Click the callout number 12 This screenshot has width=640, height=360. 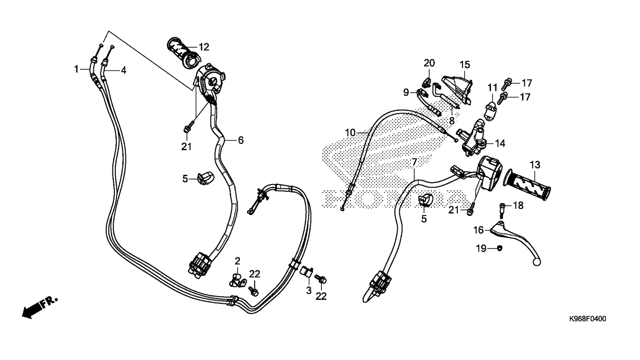[x=204, y=47]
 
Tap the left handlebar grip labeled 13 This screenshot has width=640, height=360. [x=528, y=185]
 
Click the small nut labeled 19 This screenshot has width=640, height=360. [x=499, y=248]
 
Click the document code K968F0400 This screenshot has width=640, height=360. [x=587, y=319]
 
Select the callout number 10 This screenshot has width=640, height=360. [x=351, y=133]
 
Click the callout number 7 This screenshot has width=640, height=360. [x=414, y=162]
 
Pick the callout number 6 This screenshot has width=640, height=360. [x=240, y=140]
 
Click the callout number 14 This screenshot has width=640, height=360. [x=501, y=143]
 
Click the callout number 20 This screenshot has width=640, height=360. [x=429, y=63]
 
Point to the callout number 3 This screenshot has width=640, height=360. [x=309, y=291]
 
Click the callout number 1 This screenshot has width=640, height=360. [x=76, y=69]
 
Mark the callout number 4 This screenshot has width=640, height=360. [x=123, y=71]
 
